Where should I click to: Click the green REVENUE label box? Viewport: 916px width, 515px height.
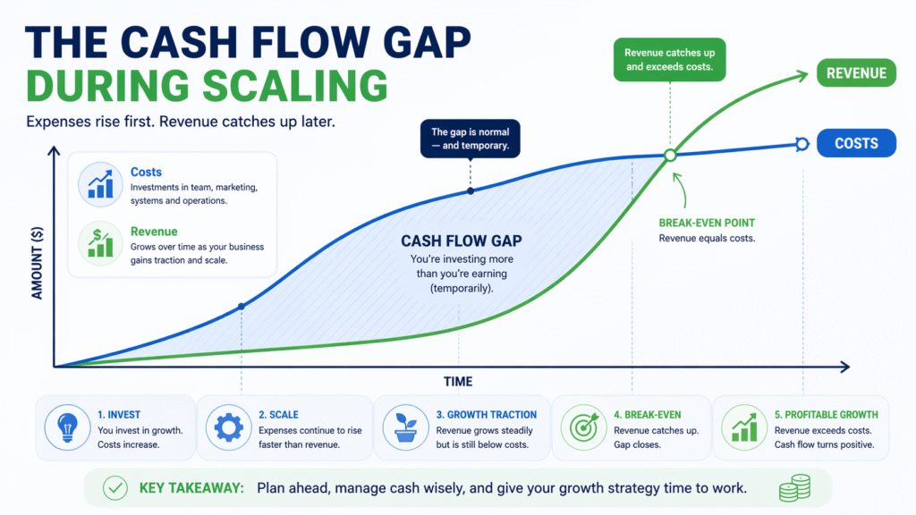click(856, 74)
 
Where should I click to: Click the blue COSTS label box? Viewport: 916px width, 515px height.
click(856, 143)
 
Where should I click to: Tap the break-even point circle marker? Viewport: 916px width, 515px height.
click(669, 156)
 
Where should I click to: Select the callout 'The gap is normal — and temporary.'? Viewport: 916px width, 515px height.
click(470, 139)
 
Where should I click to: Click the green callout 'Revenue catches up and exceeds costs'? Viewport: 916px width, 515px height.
click(669, 60)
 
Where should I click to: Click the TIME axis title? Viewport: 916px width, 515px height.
click(457, 382)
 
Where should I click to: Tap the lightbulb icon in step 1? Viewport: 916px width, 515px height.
click(68, 428)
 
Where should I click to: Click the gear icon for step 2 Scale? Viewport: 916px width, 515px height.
click(229, 428)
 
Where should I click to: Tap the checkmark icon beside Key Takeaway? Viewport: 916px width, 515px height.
click(114, 488)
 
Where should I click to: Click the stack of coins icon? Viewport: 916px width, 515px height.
click(793, 488)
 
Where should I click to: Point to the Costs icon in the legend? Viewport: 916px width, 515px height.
click(99, 182)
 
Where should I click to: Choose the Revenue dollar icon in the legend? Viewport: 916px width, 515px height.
click(99, 242)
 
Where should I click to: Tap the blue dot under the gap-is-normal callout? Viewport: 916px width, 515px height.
click(470, 190)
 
